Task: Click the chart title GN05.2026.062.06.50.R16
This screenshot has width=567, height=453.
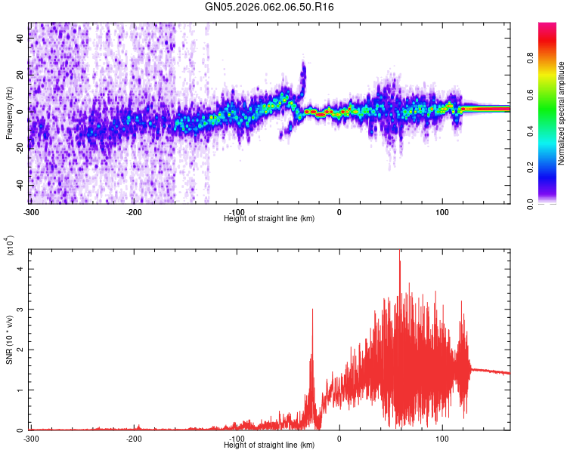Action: pos(270,7)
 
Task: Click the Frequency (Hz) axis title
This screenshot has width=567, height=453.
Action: pos(9,112)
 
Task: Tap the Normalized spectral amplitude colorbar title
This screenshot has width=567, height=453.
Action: pos(562,113)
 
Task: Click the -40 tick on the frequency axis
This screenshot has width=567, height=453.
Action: pos(20,185)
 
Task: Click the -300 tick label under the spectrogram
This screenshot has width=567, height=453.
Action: pos(30,211)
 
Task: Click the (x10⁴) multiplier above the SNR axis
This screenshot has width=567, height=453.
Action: pos(11,246)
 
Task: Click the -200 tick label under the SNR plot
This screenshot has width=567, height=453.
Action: pos(133,437)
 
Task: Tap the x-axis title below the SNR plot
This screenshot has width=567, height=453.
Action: pos(270,445)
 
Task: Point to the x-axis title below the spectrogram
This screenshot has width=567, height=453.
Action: pos(270,218)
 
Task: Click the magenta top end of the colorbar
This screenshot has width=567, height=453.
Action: pos(547,26)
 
